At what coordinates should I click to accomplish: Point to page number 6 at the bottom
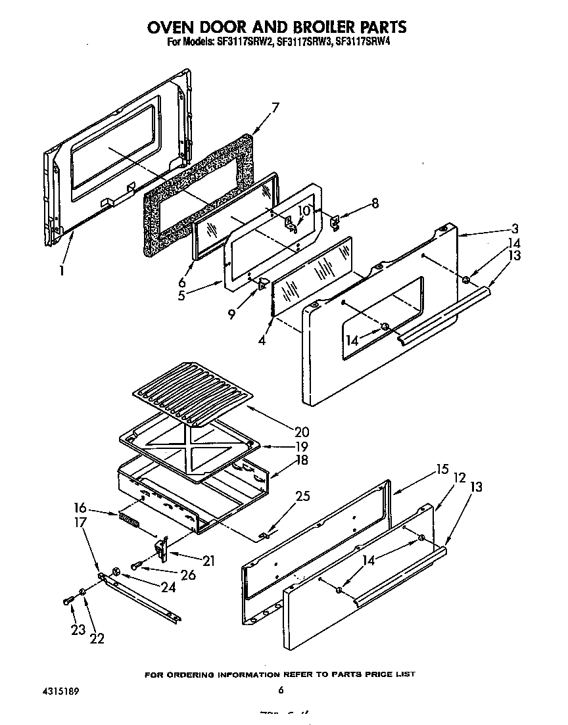tap(280, 690)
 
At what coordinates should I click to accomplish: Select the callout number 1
tap(62, 270)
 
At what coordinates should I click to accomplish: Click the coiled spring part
tap(129, 520)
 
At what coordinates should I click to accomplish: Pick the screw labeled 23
tap(68, 600)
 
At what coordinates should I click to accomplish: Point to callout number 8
tap(375, 203)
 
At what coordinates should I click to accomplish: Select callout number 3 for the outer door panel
tap(515, 229)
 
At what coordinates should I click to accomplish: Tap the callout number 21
tap(208, 561)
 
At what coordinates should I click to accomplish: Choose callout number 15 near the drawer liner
tap(441, 469)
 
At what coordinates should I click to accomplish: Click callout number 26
tap(187, 574)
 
